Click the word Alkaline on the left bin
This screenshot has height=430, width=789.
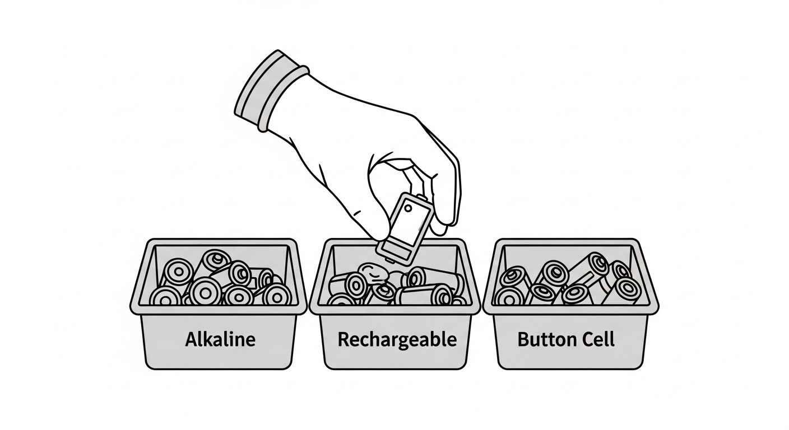220,339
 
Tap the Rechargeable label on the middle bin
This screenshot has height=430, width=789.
397,340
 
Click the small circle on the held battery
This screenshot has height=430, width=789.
408,208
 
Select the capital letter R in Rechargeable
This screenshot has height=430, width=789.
344,339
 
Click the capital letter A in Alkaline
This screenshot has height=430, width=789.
192,339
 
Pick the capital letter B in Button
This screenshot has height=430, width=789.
524,339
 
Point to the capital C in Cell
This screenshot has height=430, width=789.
580,339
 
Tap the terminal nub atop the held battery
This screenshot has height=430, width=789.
421,197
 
